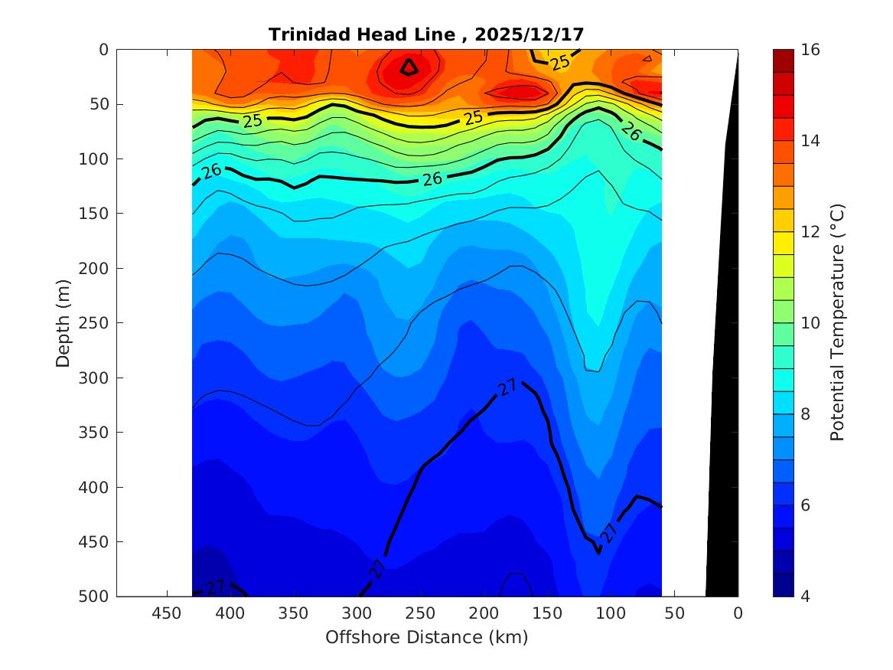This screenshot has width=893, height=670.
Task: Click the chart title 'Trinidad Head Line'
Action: [363, 34]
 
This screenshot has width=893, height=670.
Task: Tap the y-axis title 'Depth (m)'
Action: [64, 322]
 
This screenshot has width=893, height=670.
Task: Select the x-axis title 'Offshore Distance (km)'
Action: [426, 637]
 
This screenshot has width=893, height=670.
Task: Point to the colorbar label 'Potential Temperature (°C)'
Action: [837, 322]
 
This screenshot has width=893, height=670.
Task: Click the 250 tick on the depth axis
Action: [96, 323]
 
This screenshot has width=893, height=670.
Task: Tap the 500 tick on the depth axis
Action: [96, 596]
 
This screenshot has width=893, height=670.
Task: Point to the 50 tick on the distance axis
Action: [674, 613]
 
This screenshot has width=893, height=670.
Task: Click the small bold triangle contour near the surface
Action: [409, 67]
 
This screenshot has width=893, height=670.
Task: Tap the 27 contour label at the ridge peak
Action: [507, 388]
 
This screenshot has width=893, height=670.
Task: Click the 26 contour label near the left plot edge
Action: [211, 170]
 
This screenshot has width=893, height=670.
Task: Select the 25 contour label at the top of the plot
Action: [560, 62]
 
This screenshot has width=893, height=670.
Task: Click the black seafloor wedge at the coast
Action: [723, 459]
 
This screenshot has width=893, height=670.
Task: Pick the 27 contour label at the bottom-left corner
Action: [214, 587]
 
